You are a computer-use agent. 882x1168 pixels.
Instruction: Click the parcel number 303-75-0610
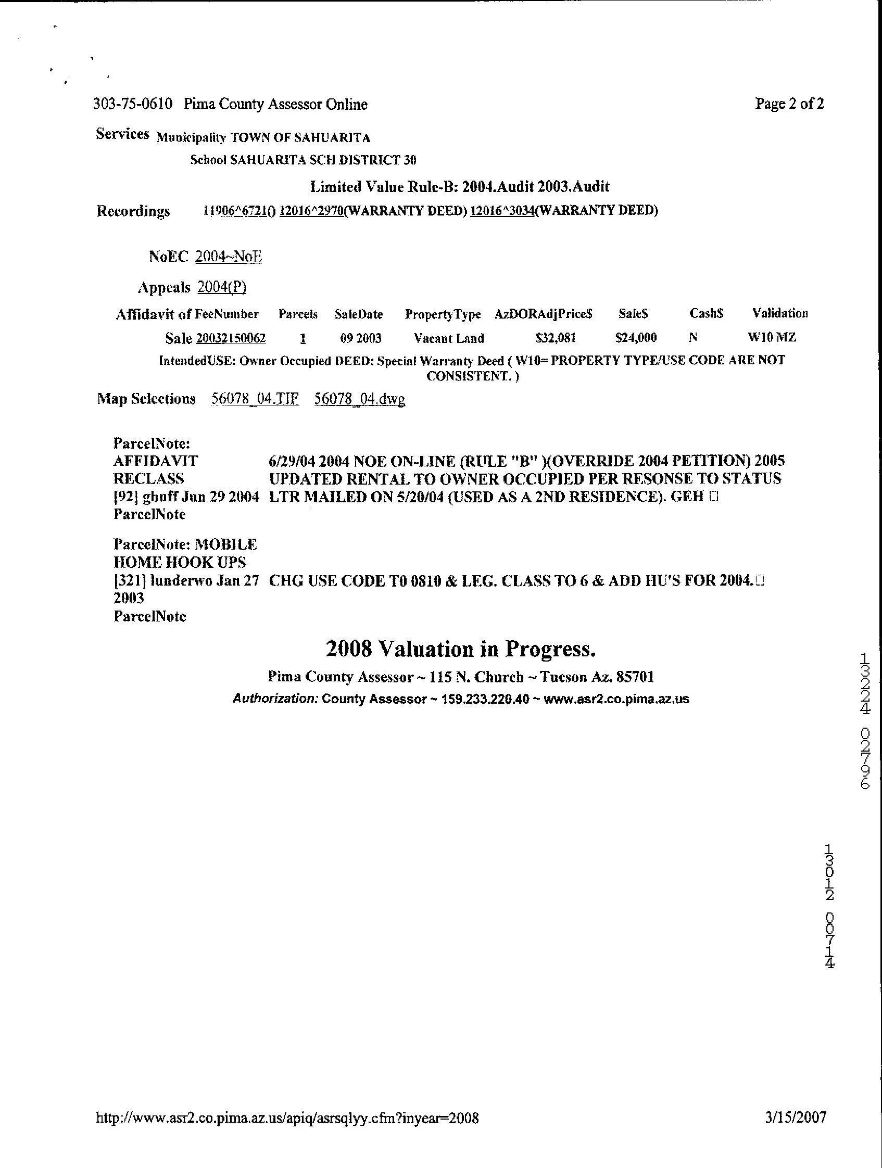tap(133, 104)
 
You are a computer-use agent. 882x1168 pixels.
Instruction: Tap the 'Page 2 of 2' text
tap(789, 104)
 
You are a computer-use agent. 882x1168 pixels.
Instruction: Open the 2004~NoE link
tap(228, 257)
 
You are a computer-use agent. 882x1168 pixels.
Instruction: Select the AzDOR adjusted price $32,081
tap(555, 338)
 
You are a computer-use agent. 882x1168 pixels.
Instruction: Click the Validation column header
tap(780, 314)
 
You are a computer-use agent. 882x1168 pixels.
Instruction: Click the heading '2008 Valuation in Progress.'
tap(461, 649)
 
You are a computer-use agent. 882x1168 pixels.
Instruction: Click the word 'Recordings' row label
tap(133, 212)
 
